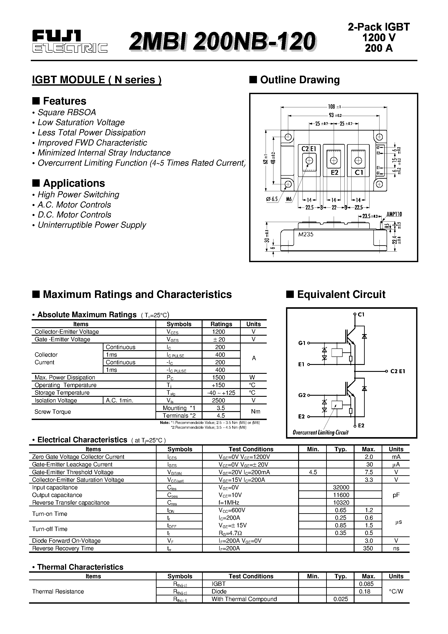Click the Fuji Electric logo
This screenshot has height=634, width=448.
(70, 42)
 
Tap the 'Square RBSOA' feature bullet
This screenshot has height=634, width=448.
(67, 112)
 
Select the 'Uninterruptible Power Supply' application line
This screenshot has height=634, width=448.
(92, 225)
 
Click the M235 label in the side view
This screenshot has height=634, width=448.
(306, 234)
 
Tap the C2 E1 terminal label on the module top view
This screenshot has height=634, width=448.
(309, 149)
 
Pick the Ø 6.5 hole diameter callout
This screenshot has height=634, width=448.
(272, 199)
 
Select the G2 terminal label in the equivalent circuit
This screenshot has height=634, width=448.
(302, 395)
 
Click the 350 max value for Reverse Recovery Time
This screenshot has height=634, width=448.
(368, 548)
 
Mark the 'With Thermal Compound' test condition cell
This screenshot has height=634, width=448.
(244, 599)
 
